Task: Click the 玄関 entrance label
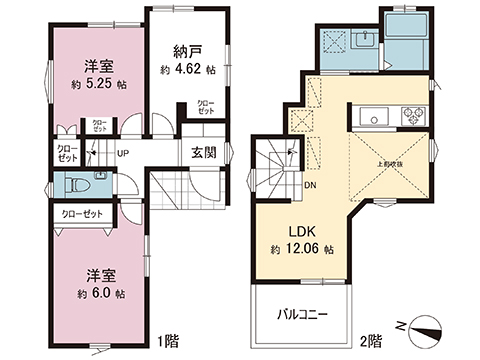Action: pyautogui.click(x=205, y=152)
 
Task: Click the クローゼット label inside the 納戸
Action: pyautogui.click(x=204, y=106)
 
